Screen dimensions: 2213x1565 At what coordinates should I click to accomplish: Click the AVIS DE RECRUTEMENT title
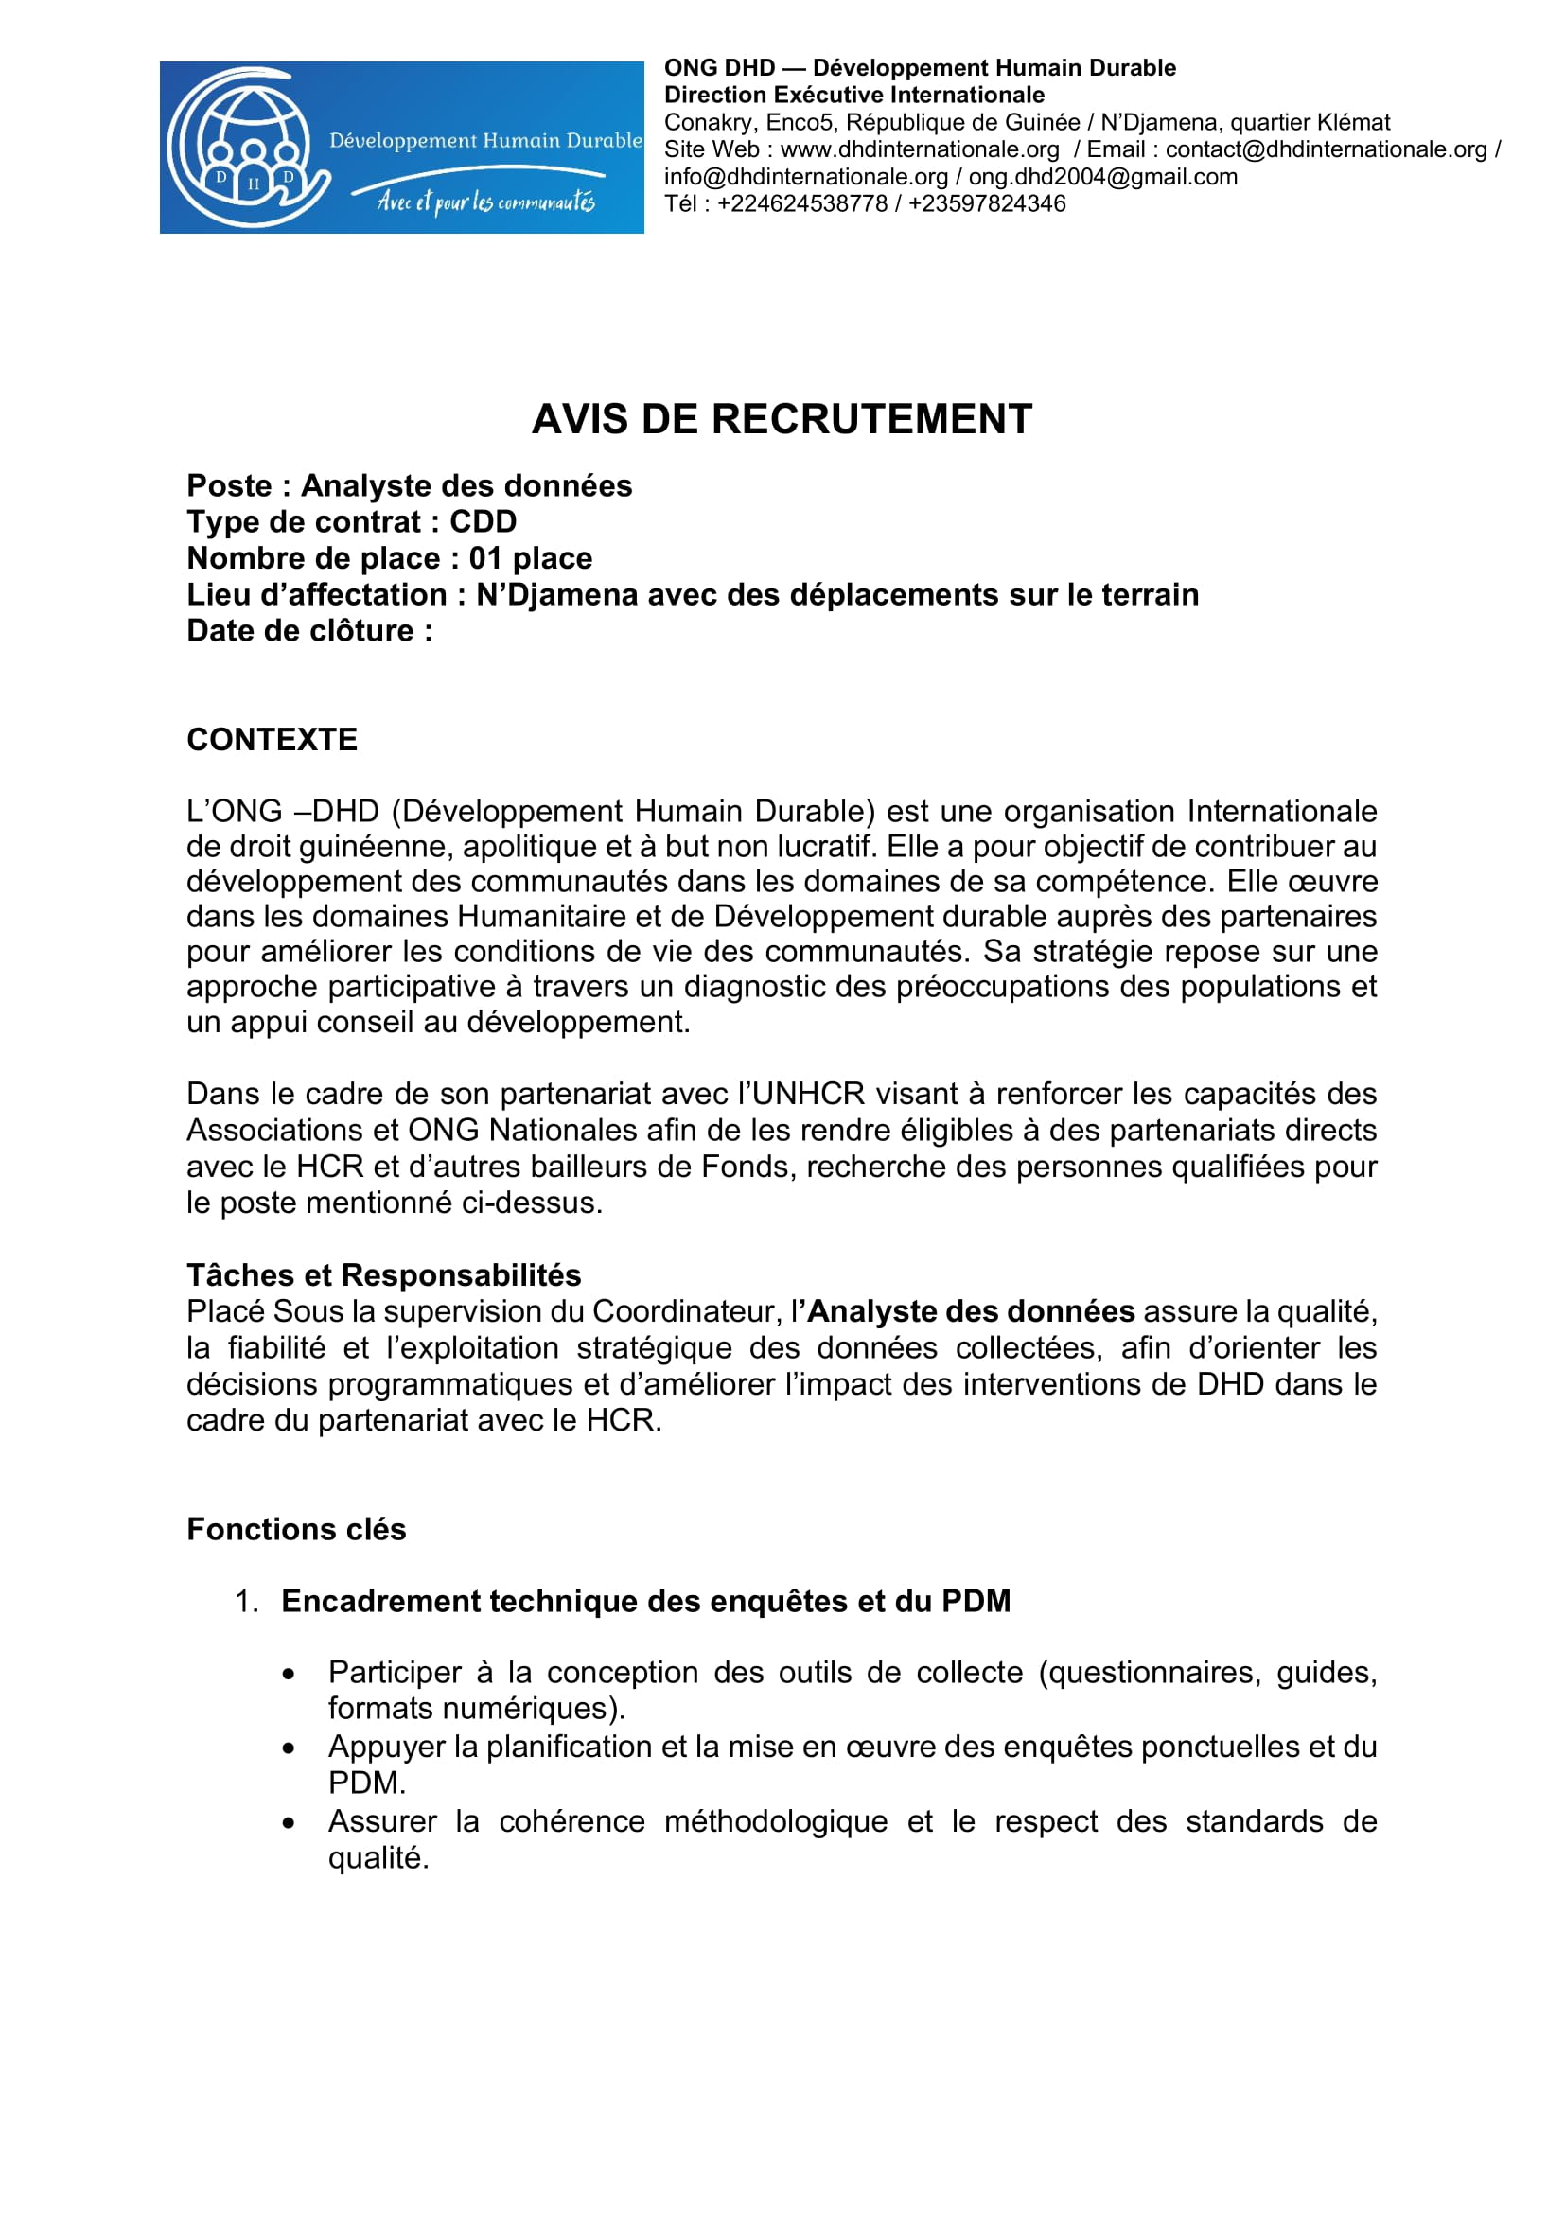coord(782,419)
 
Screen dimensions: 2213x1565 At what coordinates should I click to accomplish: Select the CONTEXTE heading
coord(272,739)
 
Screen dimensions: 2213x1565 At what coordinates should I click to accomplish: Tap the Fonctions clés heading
coord(296,1529)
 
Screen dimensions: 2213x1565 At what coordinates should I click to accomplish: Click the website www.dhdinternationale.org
coord(920,149)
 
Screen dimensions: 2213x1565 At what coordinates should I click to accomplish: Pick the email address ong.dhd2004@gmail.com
coord(1102,176)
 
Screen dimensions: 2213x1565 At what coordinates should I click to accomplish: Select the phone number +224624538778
coord(801,203)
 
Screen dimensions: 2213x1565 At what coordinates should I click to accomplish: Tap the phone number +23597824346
coord(987,203)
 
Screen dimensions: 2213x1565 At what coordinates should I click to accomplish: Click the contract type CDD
coord(483,521)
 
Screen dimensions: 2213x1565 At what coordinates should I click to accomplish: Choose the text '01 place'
coord(530,558)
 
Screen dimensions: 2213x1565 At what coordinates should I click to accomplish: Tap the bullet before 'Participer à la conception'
coord(289,1675)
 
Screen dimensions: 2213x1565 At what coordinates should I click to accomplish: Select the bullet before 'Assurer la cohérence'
coord(289,1823)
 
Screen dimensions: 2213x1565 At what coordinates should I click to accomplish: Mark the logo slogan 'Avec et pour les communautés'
coord(485,201)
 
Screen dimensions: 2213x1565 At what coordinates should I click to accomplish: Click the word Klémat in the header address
coord(1353,122)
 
